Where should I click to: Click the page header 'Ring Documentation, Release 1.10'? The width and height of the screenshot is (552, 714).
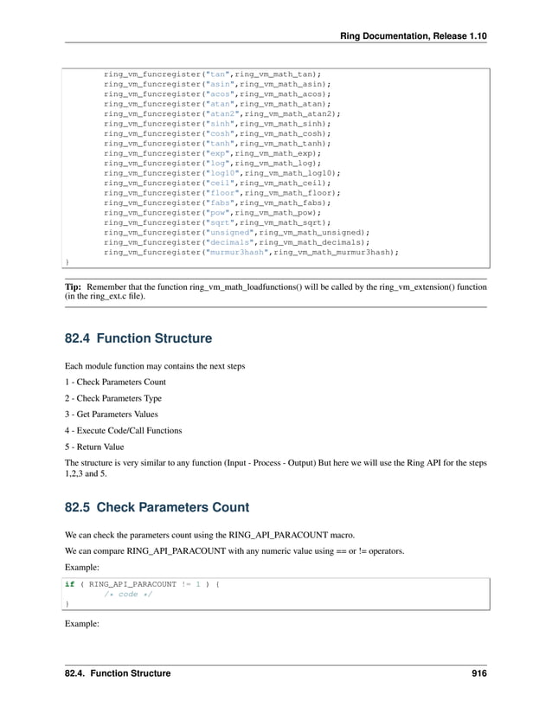pyautogui.click(x=414, y=34)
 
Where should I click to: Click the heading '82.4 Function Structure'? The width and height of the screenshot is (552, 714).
pyautogui.click(x=138, y=337)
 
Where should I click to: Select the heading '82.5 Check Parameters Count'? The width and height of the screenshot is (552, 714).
pyautogui.click(x=157, y=507)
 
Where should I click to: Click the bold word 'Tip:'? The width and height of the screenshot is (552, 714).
pyautogui.click(x=74, y=284)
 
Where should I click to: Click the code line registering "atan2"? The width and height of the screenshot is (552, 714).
pyautogui.click(x=221, y=113)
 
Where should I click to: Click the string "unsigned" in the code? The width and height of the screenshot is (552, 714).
pyautogui.click(x=228, y=232)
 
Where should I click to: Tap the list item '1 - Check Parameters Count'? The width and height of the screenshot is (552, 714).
pyautogui.click(x=116, y=382)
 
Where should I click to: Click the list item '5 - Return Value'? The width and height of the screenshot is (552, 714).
pyautogui.click(x=94, y=447)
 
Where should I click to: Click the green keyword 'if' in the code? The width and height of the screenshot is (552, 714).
pyautogui.click(x=69, y=584)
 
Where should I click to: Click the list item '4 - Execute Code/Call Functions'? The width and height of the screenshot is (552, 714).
pyautogui.click(x=124, y=431)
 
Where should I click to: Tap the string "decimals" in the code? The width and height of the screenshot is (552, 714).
pyautogui.click(x=228, y=242)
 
